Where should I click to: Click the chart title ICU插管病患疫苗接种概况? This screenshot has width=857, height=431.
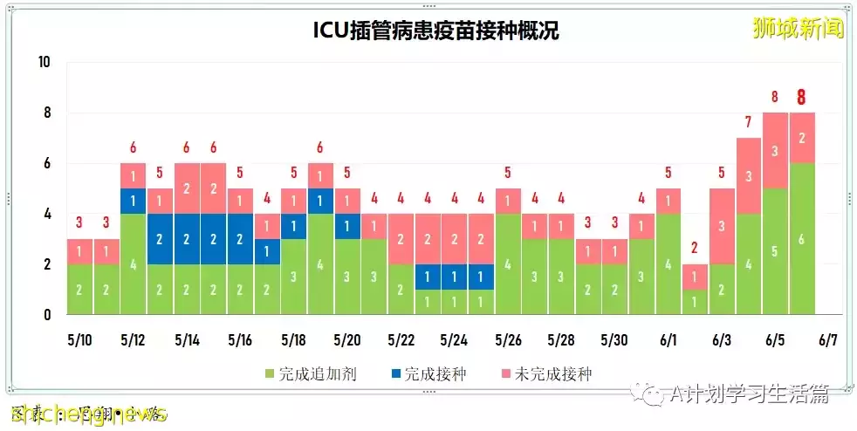click(x=435, y=31)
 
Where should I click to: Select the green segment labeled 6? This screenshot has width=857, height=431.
click(x=801, y=238)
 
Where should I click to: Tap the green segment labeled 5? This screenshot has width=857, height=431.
click(x=774, y=251)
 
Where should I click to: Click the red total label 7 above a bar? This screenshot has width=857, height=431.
click(x=747, y=121)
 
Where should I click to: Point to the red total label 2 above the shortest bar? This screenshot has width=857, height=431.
click(x=695, y=247)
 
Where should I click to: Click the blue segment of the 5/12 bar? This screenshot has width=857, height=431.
click(x=133, y=201)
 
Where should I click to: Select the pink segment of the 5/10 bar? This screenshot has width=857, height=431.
click(x=79, y=251)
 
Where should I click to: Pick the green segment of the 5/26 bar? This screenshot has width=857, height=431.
click(x=507, y=263)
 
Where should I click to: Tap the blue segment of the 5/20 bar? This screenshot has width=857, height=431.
click(x=346, y=226)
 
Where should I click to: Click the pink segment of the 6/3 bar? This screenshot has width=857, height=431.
click(x=721, y=226)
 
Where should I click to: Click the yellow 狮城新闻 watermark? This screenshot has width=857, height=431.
click(x=798, y=28)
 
